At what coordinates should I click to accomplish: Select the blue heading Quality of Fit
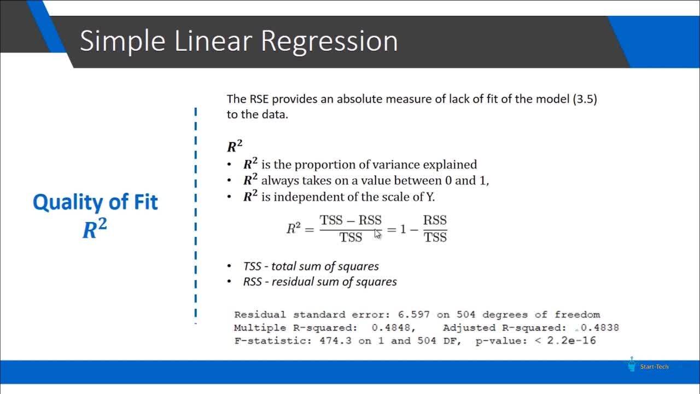click(x=95, y=202)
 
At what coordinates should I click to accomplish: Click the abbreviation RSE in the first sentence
click(x=259, y=99)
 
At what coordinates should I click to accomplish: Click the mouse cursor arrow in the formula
click(x=377, y=234)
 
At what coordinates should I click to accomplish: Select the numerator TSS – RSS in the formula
click(x=351, y=220)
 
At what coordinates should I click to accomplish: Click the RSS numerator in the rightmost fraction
click(x=435, y=220)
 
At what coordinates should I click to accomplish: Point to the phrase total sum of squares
click(x=325, y=266)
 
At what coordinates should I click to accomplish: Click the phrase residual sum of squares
click(x=334, y=282)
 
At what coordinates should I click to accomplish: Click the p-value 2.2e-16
click(x=571, y=340)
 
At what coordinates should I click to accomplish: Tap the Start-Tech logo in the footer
click(x=647, y=365)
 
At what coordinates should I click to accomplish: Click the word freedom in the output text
click(x=577, y=315)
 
